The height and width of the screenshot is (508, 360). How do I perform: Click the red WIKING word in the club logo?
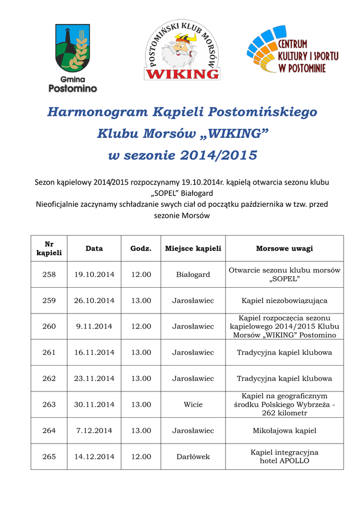(182, 74)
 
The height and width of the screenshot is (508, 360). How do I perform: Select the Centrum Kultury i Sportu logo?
(293, 52)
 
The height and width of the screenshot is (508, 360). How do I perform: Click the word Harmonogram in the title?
(97, 112)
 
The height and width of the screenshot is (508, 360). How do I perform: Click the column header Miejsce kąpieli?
(193, 249)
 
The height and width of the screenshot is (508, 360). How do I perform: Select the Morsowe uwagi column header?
(284, 249)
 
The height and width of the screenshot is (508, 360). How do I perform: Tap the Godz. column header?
(141, 249)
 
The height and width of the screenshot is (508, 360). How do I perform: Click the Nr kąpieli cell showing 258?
(49, 274)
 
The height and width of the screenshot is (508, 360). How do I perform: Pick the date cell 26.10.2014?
(94, 301)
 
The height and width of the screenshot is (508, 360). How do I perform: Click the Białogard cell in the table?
(193, 274)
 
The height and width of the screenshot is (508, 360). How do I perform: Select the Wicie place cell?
(193, 404)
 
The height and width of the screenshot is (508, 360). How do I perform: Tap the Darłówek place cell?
(193, 456)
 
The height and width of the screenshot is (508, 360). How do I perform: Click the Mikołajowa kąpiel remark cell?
(284, 431)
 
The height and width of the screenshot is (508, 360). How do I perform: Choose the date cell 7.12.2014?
(94, 431)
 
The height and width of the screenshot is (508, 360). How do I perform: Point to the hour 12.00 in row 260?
(141, 326)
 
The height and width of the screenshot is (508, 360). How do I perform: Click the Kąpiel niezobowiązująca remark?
(284, 301)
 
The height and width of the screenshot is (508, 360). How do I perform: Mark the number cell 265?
(49, 456)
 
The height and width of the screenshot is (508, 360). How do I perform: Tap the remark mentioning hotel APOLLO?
(284, 456)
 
